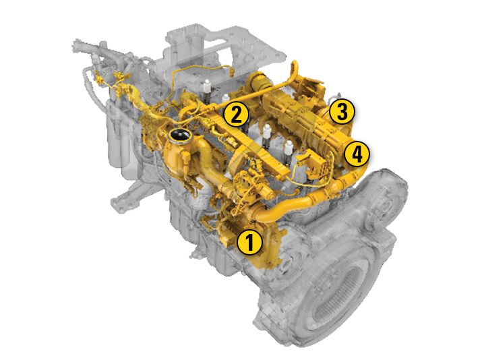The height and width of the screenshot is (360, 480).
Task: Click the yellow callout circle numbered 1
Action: pos(250,242)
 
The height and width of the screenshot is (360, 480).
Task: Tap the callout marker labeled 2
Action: pos(236,115)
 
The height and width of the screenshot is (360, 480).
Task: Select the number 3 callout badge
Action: pos(342,111)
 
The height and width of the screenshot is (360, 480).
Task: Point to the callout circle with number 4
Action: pos(357,154)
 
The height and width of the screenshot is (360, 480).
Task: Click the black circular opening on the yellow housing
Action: pos(180,135)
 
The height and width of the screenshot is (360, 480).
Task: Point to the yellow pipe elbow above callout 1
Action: pos(264,214)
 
